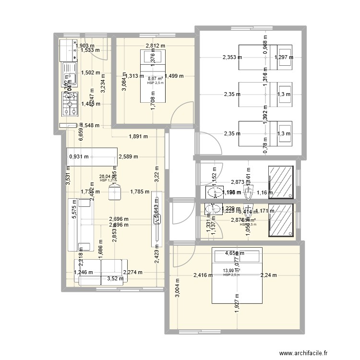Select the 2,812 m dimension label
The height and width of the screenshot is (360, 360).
[155, 47]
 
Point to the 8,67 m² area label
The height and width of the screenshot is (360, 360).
[155, 79]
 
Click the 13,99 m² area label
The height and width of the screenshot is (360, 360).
[231, 271]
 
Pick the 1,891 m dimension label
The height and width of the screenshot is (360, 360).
[138, 136]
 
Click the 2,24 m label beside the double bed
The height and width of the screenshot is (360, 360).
[268, 275]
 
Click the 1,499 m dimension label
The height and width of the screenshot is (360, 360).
[174, 75]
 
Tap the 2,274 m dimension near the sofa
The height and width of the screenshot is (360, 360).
[132, 273]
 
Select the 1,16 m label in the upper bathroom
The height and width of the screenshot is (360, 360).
[264, 193]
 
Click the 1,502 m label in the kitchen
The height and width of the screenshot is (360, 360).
[91, 73]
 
